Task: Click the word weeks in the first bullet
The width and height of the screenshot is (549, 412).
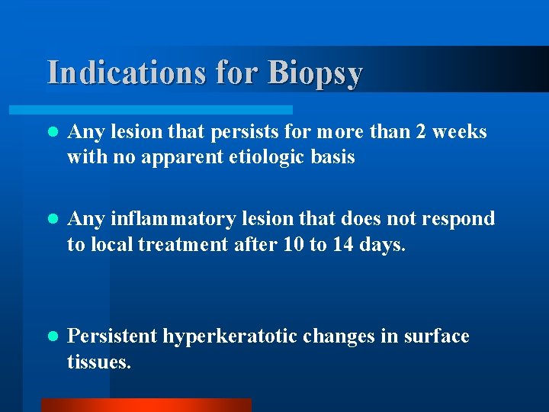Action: (460, 132)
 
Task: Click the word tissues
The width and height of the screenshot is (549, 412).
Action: (99, 362)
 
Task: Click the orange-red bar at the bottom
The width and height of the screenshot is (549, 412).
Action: (146, 405)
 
